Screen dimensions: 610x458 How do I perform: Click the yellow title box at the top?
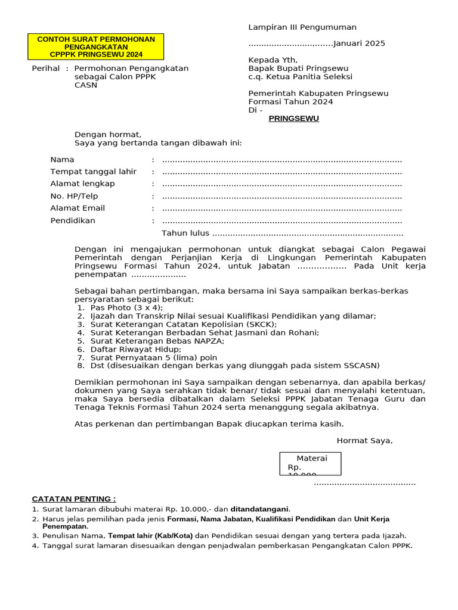tap(96, 47)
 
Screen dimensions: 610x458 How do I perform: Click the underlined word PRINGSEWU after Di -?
tap(293, 119)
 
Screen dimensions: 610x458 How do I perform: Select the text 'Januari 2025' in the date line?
tap(359, 43)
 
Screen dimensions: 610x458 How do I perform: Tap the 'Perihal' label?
tap(45, 69)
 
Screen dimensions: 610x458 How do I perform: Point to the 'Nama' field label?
tap(62, 160)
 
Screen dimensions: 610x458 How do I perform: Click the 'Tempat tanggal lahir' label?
tap(93, 172)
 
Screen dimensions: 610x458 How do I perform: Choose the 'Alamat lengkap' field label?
tap(82, 183)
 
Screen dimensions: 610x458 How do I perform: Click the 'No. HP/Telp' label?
tap(74, 196)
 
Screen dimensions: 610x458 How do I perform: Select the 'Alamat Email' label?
tap(78, 208)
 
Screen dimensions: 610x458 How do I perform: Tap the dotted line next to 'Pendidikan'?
tap(282, 220)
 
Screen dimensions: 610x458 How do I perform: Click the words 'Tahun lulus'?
tap(185, 233)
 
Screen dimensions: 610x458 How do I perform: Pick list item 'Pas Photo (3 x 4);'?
tap(126, 307)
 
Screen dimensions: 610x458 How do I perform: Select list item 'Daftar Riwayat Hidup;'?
tap(135, 349)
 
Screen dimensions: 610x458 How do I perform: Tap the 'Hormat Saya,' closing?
tap(364, 441)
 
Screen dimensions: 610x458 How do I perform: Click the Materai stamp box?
tap(310, 463)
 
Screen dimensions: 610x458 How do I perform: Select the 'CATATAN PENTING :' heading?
tap(74, 499)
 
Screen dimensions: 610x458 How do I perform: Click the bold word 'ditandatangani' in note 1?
tap(260, 509)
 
